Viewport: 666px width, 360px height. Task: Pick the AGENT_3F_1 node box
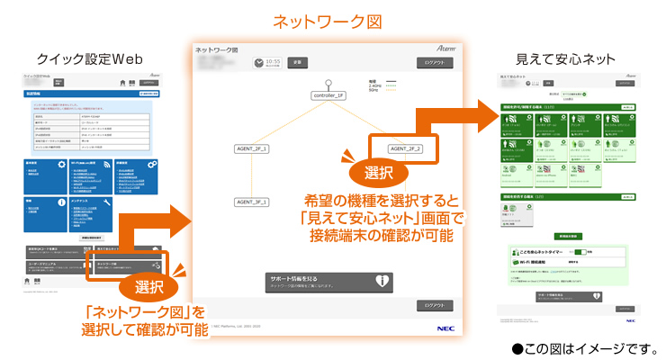[253, 202]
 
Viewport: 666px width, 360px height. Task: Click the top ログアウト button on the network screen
[435, 63]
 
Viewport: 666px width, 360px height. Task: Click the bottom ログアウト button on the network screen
[435, 306]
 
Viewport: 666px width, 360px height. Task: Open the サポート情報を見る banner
[328, 281]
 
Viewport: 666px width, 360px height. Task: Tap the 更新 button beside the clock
[299, 63]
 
